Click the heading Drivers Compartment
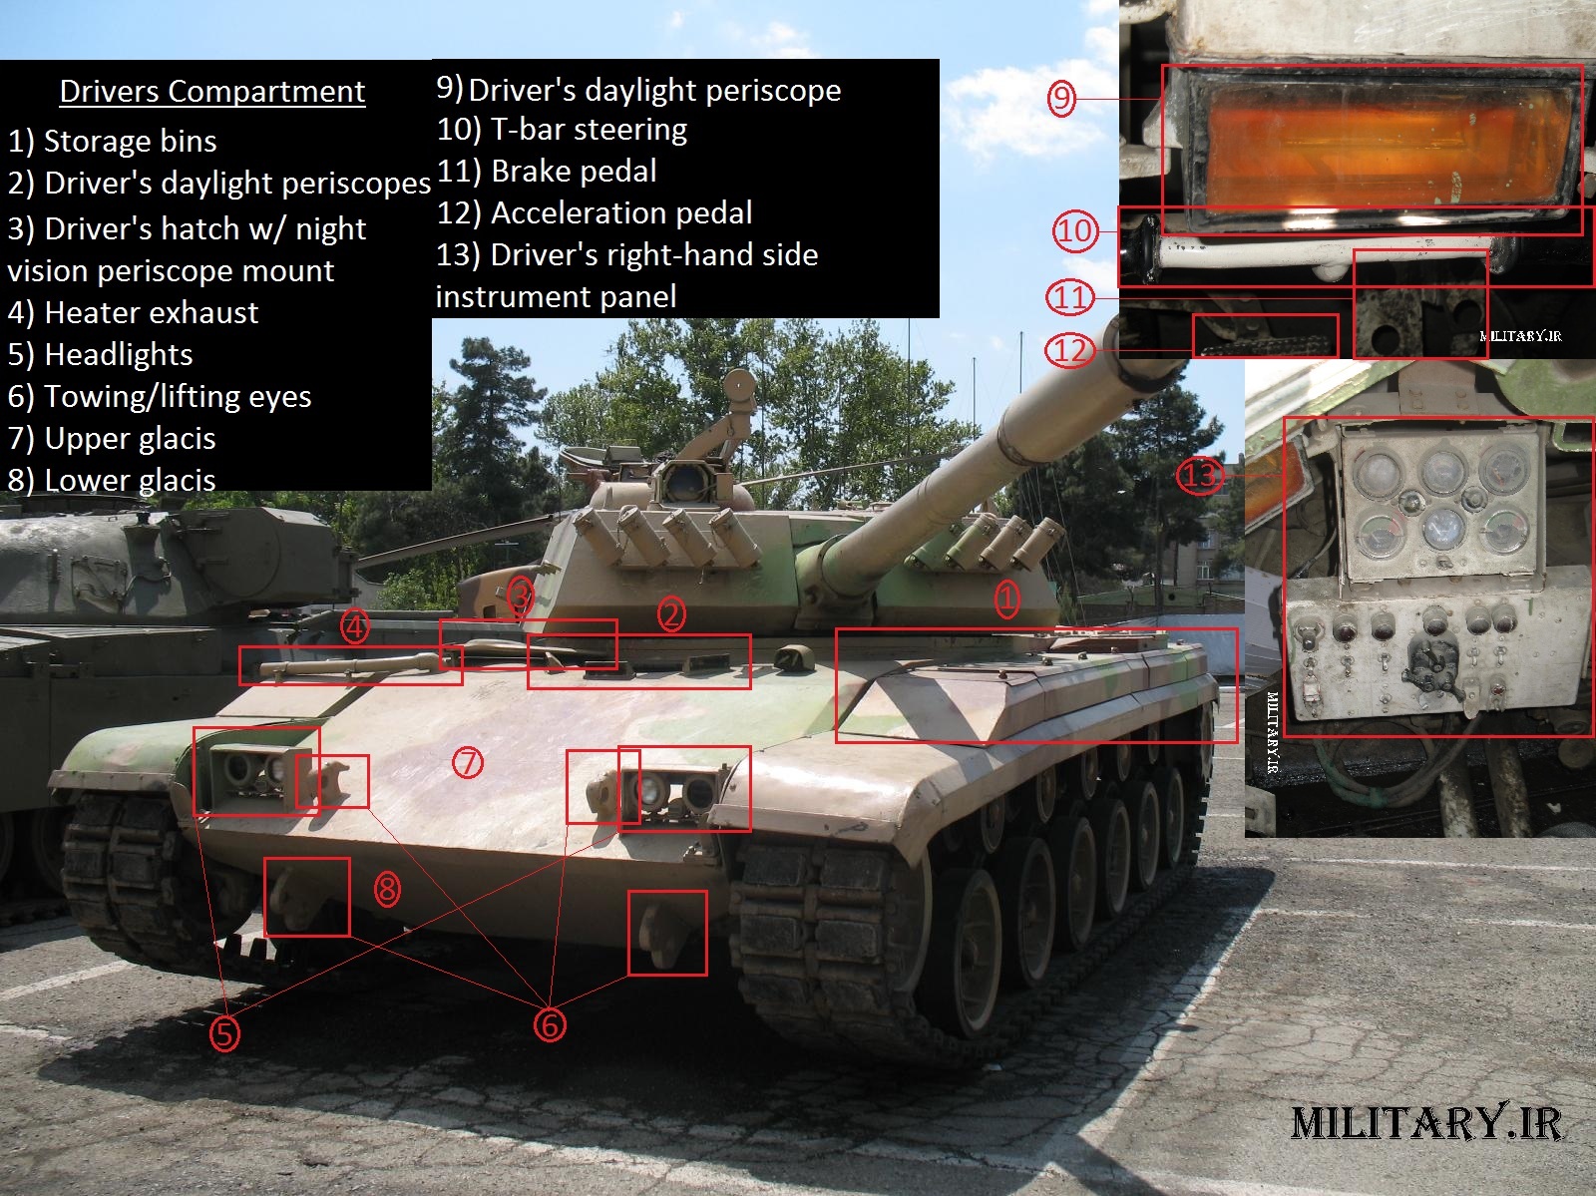(x=211, y=92)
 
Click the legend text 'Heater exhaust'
(x=133, y=313)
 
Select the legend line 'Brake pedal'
(x=547, y=172)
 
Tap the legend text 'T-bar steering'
(x=562, y=130)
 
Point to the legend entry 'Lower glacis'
(x=112, y=481)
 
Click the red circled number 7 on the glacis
(x=468, y=763)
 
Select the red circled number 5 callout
(x=224, y=1033)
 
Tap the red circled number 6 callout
(x=550, y=1024)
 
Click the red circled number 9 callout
(x=1061, y=98)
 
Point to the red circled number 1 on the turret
(x=1007, y=598)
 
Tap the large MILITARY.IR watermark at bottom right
(x=1425, y=1123)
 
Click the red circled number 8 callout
(x=387, y=889)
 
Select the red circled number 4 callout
(x=355, y=627)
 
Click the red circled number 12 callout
(x=1068, y=350)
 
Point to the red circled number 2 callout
(x=671, y=614)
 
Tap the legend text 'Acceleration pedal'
(x=595, y=213)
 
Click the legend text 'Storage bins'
(x=112, y=142)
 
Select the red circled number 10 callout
(x=1074, y=231)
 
